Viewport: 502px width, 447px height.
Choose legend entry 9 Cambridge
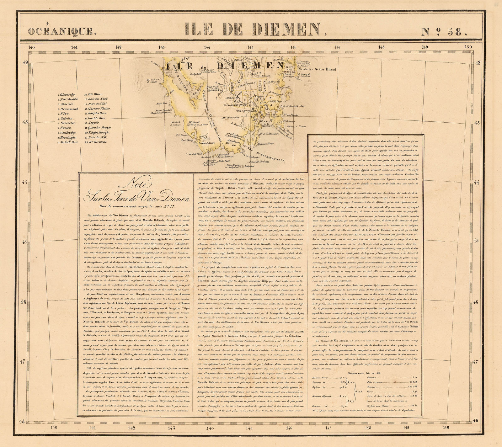click(x=67, y=133)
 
